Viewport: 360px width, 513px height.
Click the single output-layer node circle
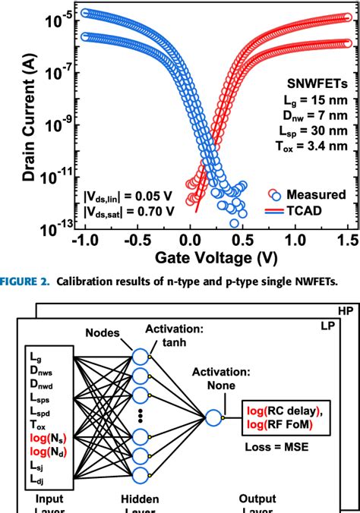[213, 417]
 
